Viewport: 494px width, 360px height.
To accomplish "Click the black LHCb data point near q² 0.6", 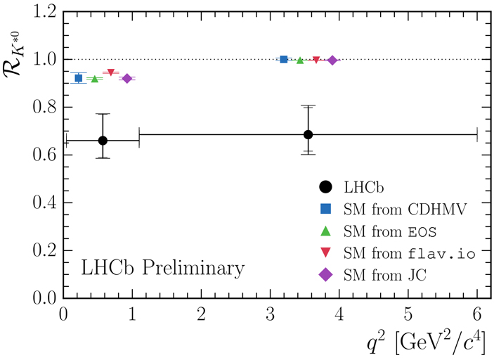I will pos(103,141).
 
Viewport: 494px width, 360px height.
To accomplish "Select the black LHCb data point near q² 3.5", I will pos(308,134).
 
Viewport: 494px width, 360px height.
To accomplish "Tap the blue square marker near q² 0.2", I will pos(79,78).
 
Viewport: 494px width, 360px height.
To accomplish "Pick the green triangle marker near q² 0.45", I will pos(95,79).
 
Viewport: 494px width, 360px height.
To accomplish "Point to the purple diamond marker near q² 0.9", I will pos(127,78).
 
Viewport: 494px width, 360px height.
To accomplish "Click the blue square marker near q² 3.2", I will pos(284,60).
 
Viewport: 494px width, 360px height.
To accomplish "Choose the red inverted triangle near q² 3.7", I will pos(316,60).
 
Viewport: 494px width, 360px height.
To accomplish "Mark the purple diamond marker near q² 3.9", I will pos(332,60).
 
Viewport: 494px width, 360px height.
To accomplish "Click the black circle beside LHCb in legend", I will pos(325,187).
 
